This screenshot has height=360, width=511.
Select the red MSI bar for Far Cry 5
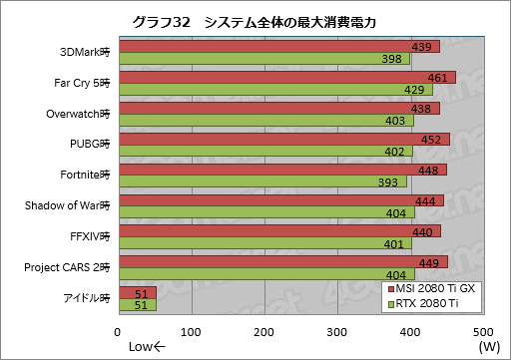[286, 77]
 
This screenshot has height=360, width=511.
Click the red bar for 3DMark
[278, 47]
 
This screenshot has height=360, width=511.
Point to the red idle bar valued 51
[137, 293]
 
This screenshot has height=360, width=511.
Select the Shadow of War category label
[66, 206]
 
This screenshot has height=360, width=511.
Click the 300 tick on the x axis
[336, 331]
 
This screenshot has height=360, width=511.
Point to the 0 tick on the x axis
[119, 331]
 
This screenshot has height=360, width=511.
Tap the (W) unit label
[487, 347]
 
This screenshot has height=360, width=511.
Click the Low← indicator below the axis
[148, 347]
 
